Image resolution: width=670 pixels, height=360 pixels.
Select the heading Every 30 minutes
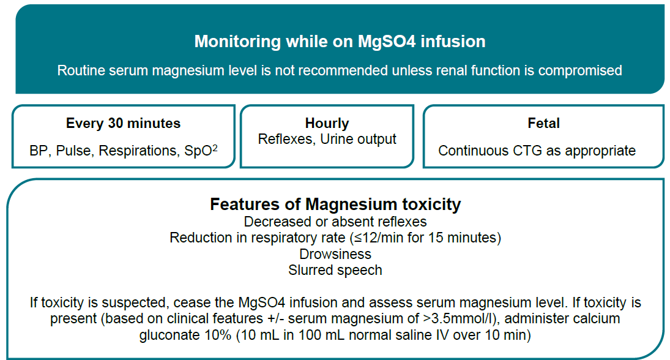pyautogui.click(x=123, y=123)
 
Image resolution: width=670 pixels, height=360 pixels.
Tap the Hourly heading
pyautogui.click(x=327, y=124)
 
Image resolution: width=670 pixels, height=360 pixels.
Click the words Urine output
pyautogui.click(x=358, y=140)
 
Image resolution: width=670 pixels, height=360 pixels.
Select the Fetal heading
pyautogui.click(x=543, y=123)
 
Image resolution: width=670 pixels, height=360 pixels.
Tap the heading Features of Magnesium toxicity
pyautogui.click(x=335, y=204)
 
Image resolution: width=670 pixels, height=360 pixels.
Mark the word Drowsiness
pyautogui.click(x=335, y=254)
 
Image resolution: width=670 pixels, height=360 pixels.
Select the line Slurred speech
pyautogui.click(x=335, y=270)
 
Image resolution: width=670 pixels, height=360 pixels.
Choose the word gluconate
pyautogui.click(x=169, y=335)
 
